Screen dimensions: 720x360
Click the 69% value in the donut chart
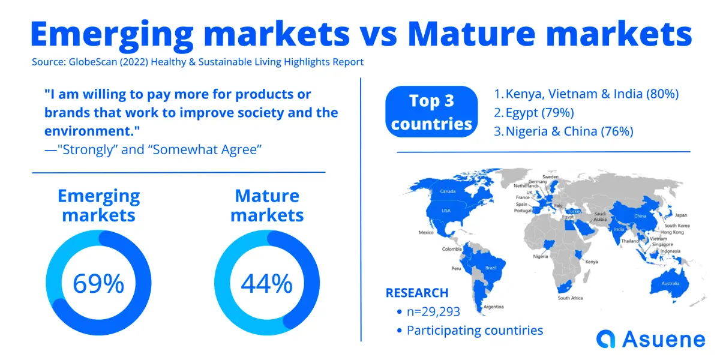[x=98, y=283]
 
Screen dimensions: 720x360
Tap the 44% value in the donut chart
[x=267, y=283]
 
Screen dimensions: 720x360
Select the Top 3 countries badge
[x=431, y=112]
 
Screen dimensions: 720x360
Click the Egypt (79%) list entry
[x=534, y=113]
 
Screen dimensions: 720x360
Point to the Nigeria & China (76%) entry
[x=563, y=131]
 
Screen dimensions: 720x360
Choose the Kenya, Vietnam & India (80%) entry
[x=586, y=94]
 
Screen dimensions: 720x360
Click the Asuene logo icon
[x=605, y=339]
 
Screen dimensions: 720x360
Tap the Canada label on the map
[x=448, y=191]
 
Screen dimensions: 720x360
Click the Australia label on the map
[x=670, y=283]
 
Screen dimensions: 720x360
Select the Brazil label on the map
[x=491, y=268]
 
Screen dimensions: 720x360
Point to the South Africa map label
[x=570, y=298]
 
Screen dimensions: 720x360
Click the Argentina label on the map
[x=493, y=307]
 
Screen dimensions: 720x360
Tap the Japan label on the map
[x=681, y=215]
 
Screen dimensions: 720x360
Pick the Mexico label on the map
[x=426, y=232]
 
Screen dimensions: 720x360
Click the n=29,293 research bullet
[x=433, y=311]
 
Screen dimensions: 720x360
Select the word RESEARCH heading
[x=417, y=293]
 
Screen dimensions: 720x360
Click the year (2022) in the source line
[x=134, y=62]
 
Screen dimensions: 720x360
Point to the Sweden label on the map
[x=550, y=177]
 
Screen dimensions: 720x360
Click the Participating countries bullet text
[x=475, y=331]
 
